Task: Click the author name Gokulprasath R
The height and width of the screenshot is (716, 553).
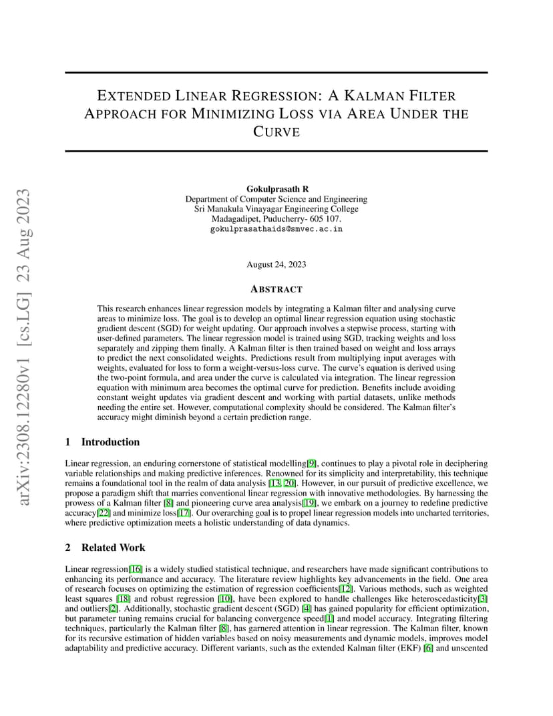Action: click(276, 189)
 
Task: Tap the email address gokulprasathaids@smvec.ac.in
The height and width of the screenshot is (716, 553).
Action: click(276, 228)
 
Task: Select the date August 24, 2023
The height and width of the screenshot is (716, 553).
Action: click(276, 264)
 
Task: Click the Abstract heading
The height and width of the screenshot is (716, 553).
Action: click(276, 289)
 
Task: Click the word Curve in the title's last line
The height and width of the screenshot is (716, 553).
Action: click(276, 132)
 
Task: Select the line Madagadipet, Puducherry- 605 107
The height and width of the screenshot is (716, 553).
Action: click(276, 218)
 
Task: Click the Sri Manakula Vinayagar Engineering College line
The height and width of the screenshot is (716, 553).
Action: click(276, 208)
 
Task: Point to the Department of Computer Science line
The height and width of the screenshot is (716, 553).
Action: click(276, 199)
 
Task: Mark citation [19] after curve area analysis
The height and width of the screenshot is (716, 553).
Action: click(309, 503)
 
